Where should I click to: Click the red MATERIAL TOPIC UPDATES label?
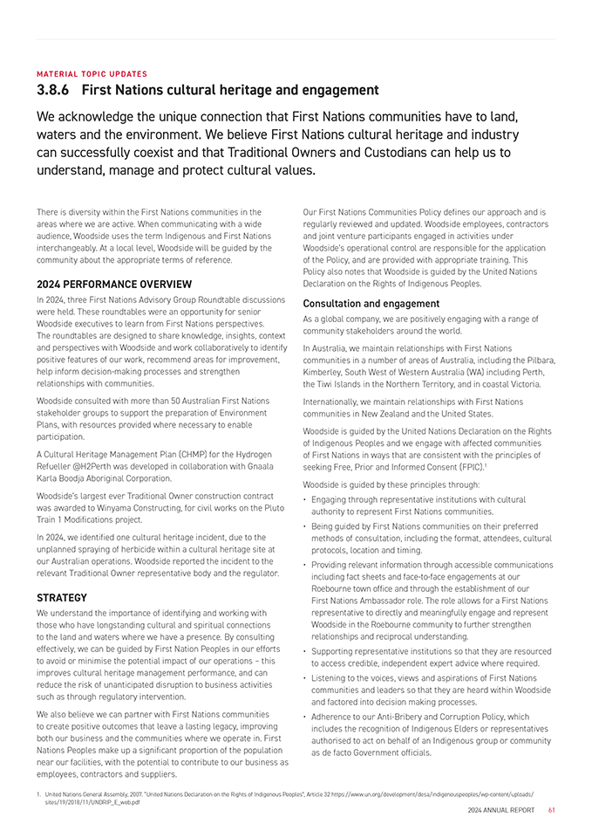click(92, 74)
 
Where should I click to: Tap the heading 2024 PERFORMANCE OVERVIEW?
click(114, 285)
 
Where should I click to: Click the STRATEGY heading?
click(62, 598)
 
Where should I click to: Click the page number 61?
click(552, 810)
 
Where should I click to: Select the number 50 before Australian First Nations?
click(174, 401)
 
